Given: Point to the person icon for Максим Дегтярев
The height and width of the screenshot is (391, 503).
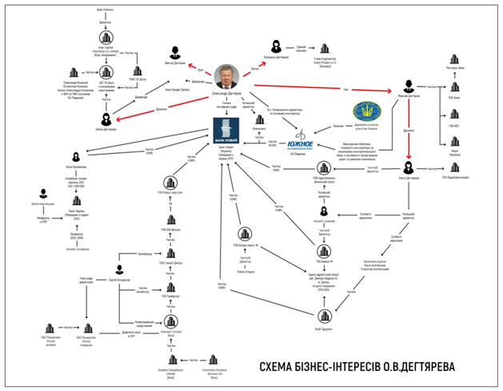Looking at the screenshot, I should point(409,87).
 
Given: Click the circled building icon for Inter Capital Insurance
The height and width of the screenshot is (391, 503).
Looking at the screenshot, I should point(103,36).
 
